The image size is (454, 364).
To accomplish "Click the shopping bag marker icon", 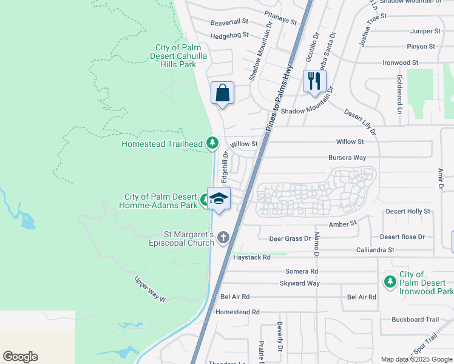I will [x=222, y=93].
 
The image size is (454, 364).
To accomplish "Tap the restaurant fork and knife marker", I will [x=314, y=81].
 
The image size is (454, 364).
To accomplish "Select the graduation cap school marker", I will [x=219, y=198].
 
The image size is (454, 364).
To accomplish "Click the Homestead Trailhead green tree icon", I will [x=212, y=143].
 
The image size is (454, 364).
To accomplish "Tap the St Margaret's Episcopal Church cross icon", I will [x=223, y=237].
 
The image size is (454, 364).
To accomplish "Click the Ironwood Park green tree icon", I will [x=390, y=281].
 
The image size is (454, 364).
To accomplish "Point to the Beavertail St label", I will [x=229, y=22].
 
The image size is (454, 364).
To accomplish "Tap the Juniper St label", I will [x=425, y=30].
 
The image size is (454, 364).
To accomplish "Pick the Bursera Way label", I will [x=347, y=158].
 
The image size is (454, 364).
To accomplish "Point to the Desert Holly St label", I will [x=408, y=211].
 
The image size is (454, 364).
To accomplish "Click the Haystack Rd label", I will [x=251, y=257].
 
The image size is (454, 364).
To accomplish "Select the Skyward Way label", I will [x=300, y=283].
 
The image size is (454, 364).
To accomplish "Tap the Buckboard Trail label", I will [x=415, y=319].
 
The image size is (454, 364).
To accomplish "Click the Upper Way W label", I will [x=150, y=289].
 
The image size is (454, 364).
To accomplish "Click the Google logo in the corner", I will [x=20, y=357].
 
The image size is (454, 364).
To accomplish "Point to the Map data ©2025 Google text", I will [x=416, y=359].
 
